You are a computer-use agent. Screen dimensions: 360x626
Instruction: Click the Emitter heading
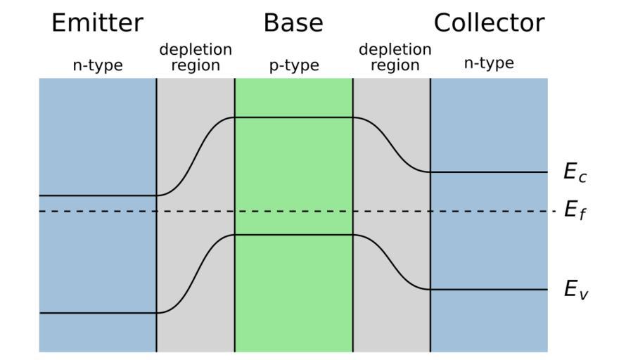pos(98,23)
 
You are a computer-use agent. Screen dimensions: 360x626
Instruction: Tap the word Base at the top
pos(293,23)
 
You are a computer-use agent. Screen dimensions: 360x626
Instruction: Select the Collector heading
pos(489,23)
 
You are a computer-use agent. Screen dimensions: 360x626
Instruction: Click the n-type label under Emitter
pos(98,65)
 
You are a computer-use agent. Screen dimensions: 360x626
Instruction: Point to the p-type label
pos(294,65)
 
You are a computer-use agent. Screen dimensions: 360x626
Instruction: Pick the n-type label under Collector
pos(489,63)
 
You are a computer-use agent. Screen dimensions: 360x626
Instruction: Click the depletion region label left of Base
pos(196,58)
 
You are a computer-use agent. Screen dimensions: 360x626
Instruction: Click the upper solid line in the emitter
pos(98,195)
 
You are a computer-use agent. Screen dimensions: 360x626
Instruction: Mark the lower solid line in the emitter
pos(98,312)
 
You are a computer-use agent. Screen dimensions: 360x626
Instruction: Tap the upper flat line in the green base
pos(293,117)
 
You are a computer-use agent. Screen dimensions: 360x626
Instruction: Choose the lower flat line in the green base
pos(293,235)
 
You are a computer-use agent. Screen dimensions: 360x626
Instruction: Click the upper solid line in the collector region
pos(489,172)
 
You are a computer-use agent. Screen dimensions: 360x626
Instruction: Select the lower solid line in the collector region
pos(489,289)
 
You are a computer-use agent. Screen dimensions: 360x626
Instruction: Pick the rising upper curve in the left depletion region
pos(196,156)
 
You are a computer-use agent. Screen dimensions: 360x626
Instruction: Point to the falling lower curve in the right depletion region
pos(392,262)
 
